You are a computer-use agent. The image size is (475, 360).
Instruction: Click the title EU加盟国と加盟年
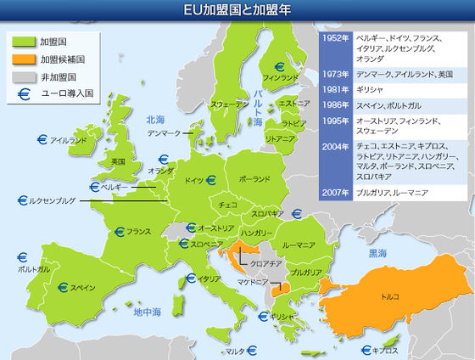pyautogui.click(x=237, y=9)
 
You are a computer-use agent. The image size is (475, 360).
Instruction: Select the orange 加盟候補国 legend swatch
pyautogui.click(x=21, y=59)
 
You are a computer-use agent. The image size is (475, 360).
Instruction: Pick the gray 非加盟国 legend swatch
pyautogui.click(x=21, y=77)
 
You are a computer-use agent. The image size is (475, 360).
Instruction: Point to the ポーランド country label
pyautogui.click(x=254, y=180)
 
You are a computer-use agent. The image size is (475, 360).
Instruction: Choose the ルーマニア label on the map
pyautogui.click(x=299, y=245)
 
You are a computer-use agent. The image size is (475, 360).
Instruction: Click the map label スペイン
pyautogui.click(x=82, y=287)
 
